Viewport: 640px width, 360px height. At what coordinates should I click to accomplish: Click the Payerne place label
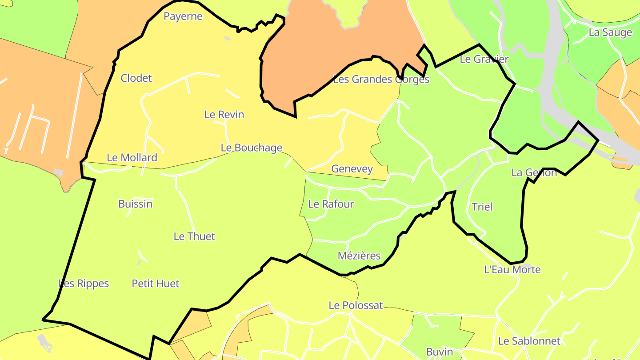[x=183, y=16]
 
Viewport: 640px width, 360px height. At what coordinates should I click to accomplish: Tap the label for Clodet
[x=136, y=78]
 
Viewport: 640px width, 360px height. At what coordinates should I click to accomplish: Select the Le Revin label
[x=224, y=114]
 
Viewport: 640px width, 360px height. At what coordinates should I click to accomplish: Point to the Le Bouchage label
[x=251, y=148]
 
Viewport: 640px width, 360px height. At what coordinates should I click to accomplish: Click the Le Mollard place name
[x=132, y=157]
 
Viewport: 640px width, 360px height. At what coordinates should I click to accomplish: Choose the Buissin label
[x=135, y=204]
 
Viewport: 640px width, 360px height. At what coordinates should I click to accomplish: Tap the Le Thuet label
[x=194, y=236]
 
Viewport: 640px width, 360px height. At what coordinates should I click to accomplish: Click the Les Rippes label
[x=84, y=283]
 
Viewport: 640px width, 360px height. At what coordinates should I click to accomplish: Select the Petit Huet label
[x=156, y=283]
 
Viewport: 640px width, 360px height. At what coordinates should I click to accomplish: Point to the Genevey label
[x=352, y=169]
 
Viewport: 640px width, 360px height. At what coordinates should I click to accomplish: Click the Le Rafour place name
[x=331, y=204]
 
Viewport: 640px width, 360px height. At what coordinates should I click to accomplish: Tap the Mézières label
[x=359, y=256]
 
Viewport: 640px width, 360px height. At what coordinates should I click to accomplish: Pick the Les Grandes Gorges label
[x=381, y=79]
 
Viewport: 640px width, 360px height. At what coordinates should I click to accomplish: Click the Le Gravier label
[x=484, y=59]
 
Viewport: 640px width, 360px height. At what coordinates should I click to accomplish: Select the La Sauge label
[x=610, y=32]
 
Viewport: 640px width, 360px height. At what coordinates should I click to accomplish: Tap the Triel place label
[x=482, y=207]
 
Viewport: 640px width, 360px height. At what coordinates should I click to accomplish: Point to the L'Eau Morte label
[x=512, y=269]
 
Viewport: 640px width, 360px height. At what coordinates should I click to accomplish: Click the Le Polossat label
[x=356, y=305]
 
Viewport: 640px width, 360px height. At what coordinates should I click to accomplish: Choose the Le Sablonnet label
[x=529, y=341]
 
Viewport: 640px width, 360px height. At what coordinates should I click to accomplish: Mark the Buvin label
[x=439, y=352]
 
